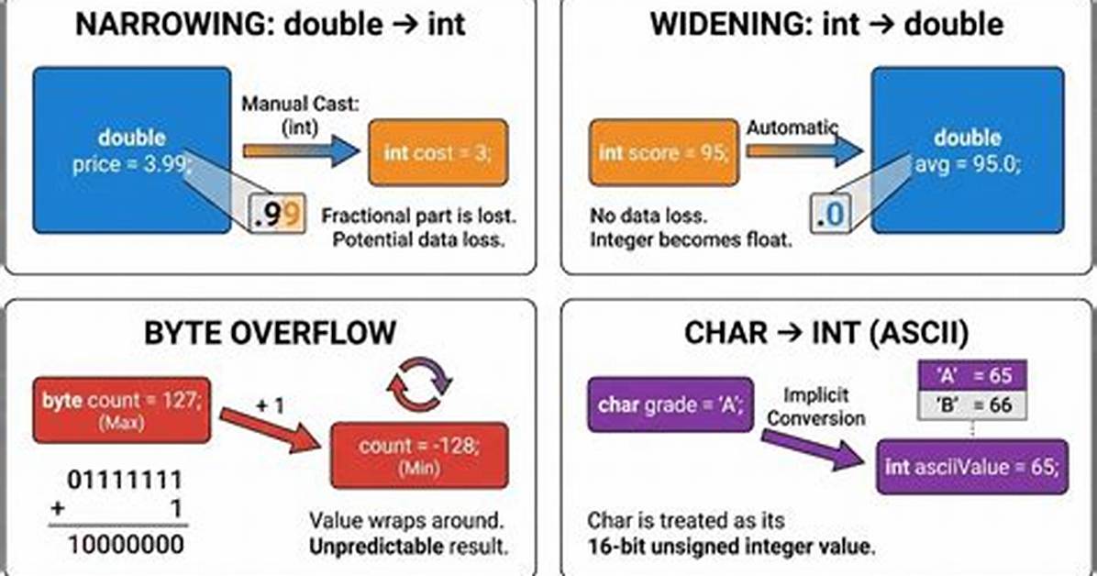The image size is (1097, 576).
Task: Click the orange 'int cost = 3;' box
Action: point(438,152)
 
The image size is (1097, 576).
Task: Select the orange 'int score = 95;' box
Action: point(663,152)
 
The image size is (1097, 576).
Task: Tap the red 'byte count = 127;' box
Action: point(122,410)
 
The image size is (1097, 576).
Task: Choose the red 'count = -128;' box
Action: point(419,455)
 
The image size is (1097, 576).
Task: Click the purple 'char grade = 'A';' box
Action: point(670,404)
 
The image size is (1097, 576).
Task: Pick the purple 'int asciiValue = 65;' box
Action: point(972,467)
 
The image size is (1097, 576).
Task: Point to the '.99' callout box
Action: point(278,214)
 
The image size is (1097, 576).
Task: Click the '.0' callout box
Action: point(830,214)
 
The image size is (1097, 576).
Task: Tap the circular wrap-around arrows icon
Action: point(420,384)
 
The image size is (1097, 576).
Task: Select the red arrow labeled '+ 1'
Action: point(270,430)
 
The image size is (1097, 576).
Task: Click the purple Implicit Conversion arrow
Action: point(813,450)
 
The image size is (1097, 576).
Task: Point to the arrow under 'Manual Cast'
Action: point(302,150)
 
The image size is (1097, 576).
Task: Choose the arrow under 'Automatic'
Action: point(803,150)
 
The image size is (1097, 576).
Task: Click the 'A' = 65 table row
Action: point(971,375)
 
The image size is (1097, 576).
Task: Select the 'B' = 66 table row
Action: point(971,404)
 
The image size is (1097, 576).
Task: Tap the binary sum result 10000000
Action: point(126,545)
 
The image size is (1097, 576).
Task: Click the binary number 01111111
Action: point(125,480)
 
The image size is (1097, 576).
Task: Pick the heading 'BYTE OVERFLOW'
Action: point(270,332)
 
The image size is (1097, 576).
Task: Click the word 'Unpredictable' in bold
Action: point(376,546)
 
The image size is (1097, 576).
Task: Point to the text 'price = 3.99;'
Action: point(132,164)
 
